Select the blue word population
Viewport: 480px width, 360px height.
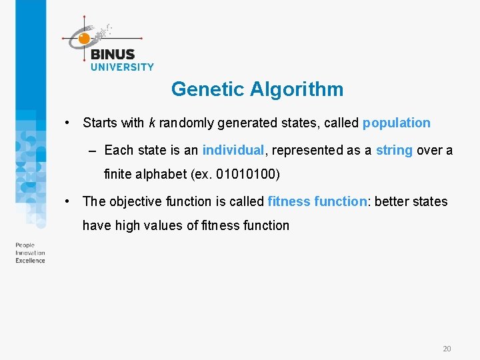396,123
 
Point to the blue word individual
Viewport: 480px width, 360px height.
233,150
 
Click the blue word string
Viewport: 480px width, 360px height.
394,150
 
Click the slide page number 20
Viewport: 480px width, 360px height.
447,349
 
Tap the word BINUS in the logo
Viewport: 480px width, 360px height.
113,55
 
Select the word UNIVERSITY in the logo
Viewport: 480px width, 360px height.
122,67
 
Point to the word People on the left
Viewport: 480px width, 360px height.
25,245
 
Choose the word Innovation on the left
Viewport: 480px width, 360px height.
30,253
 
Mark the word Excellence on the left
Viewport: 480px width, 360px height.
30,261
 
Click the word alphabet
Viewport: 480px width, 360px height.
161,174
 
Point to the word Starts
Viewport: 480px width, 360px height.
99,123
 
